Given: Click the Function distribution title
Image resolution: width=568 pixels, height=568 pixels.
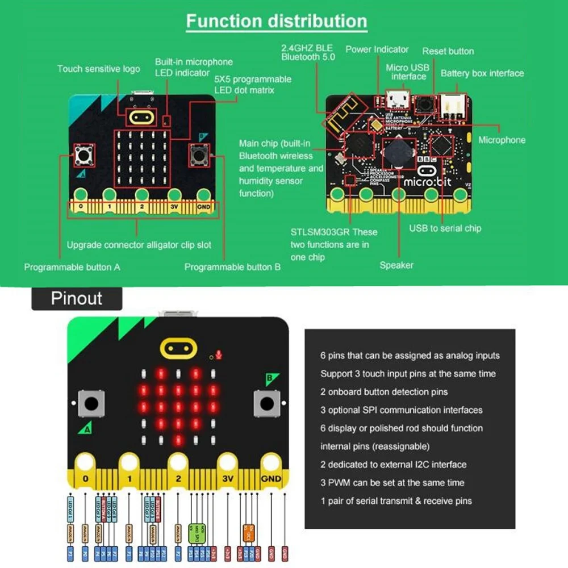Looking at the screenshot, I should tap(277, 22).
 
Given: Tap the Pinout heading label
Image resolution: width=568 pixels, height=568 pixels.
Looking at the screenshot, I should tap(77, 298).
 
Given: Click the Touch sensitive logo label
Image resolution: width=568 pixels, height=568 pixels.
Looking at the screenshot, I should tap(98, 69).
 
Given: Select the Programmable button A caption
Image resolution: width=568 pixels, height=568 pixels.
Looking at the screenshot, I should tap(72, 267).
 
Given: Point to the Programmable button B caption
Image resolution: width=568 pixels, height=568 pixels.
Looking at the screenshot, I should tap(232, 267).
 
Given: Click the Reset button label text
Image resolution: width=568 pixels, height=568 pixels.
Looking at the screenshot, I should tap(448, 51).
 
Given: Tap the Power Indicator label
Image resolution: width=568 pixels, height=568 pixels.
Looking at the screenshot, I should tap(377, 49).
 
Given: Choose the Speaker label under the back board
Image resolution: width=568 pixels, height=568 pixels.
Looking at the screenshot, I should tap(396, 265).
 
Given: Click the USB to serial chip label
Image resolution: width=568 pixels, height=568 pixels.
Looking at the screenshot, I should tap(445, 228).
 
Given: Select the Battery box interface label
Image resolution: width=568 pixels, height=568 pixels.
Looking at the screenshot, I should tap(482, 73).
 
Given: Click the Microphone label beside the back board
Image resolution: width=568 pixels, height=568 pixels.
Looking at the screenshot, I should tap(502, 140).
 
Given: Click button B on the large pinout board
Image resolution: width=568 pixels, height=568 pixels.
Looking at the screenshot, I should tap(266, 404).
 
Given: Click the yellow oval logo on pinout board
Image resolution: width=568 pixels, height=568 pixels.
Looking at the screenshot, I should tap(178, 348).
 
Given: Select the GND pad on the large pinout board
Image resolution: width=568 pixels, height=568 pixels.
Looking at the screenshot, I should tap(271, 478).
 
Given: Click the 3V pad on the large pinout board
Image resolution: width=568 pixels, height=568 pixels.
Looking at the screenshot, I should tap(228, 478).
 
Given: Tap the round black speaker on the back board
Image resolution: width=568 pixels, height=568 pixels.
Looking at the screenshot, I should tap(401, 150).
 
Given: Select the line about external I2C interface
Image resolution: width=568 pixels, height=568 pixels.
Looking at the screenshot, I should tap(393, 465).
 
